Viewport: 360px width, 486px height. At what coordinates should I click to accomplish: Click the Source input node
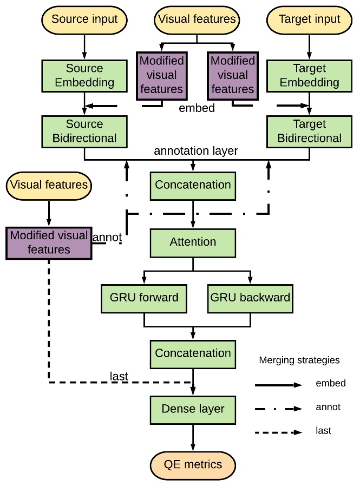[x=84, y=19]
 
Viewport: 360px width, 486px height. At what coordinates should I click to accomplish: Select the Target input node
[x=309, y=19]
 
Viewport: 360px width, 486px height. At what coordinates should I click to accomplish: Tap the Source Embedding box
[x=84, y=75]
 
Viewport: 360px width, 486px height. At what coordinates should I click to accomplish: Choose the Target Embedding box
[x=309, y=75]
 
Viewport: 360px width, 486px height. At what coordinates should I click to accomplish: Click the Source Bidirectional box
[x=84, y=130]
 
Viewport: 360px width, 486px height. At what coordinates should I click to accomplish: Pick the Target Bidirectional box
[x=309, y=130]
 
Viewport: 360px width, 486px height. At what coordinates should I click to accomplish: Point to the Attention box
[x=193, y=242]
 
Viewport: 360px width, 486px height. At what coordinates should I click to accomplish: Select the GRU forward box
[x=144, y=297]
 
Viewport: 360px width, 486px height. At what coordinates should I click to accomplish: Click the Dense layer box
[x=193, y=409]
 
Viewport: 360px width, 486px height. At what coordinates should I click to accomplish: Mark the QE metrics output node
[x=193, y=464]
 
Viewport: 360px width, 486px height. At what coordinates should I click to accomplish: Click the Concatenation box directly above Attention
[x=193, y=185]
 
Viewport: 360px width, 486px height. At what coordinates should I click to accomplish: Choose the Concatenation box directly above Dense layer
[x=193, y=353]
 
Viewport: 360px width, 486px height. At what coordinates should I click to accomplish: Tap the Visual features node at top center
[x=197, y=19]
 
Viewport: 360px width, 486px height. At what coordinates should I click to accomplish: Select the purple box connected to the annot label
[x=49, y=242]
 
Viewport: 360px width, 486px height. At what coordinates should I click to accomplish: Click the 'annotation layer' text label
[x=195, y=151]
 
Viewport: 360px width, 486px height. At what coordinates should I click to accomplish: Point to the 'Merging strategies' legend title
[x=299, y=360]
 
